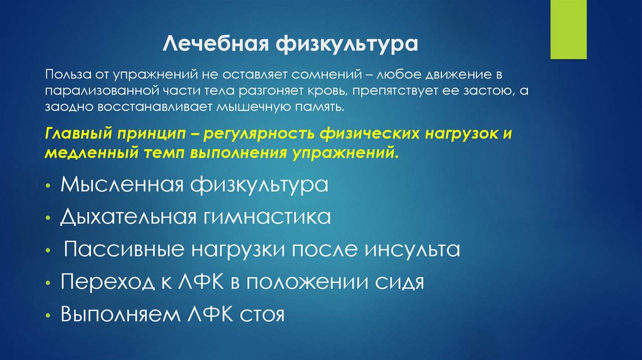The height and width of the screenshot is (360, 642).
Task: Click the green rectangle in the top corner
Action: click(x=568, y=29)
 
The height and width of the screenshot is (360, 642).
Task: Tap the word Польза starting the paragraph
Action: click(x=62, y=75)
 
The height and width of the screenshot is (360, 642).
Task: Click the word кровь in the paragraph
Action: click(x=326, y=91)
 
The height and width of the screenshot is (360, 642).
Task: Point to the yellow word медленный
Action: click(x=87, y=153)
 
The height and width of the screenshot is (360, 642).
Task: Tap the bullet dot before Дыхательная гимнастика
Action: click(x=48, y=219)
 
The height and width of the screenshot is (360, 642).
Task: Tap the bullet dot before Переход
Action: click(x=48, y=283)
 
